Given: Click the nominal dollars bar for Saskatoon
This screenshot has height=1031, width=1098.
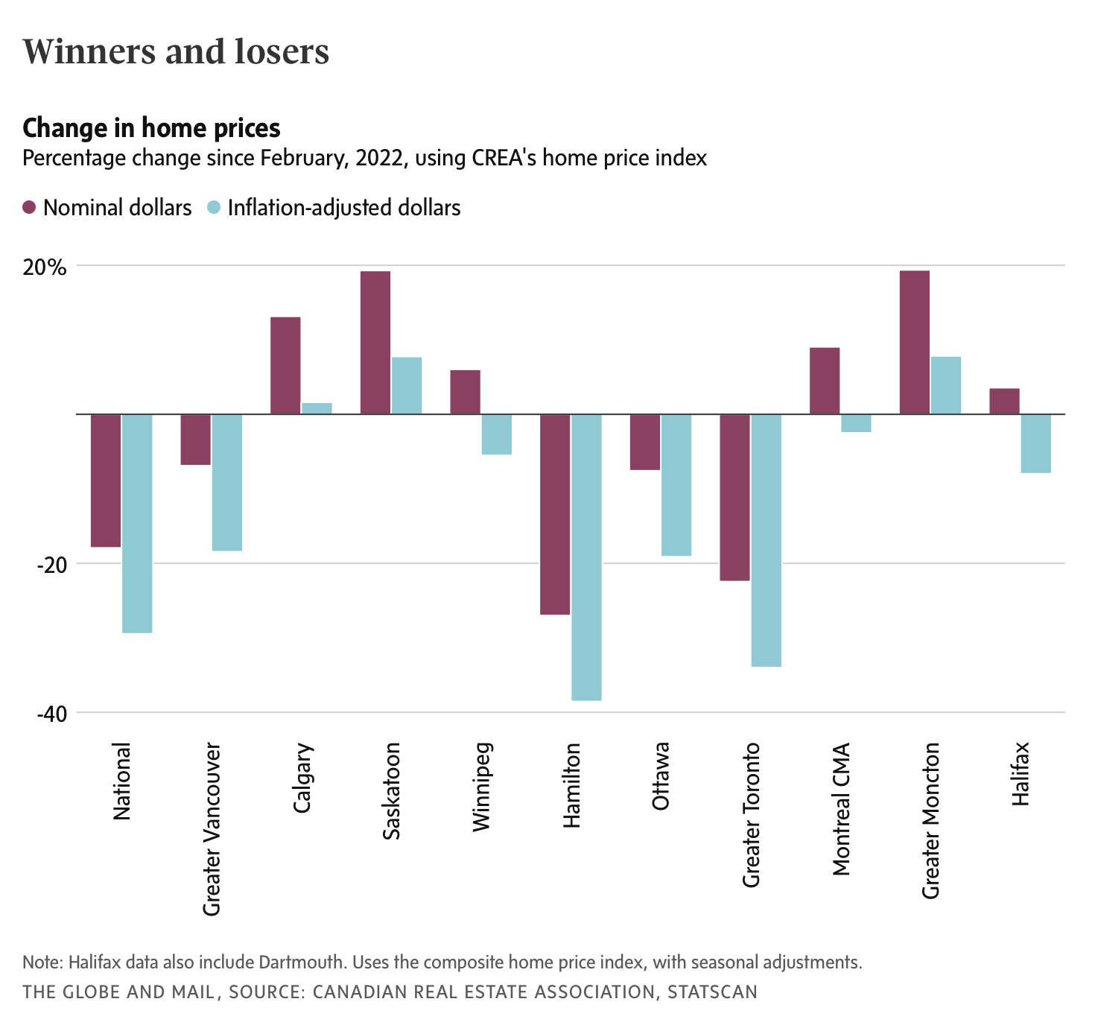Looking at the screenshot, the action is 375,343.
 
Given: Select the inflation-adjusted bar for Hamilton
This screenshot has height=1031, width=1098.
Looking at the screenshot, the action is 586,557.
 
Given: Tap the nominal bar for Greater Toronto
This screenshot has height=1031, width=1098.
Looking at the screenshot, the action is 734,497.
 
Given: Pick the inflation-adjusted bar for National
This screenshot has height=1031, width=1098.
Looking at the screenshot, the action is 137,523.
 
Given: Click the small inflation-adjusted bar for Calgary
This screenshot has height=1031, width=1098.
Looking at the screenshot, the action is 317,408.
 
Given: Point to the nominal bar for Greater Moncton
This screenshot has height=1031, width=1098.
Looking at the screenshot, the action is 915,342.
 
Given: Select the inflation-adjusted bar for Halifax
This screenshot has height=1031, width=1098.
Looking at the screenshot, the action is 1035,443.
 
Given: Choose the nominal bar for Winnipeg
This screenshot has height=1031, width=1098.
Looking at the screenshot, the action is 465,392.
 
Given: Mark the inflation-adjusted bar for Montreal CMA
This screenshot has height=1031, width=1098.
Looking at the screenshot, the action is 856,423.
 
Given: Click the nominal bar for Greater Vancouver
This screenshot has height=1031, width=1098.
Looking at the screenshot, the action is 196,440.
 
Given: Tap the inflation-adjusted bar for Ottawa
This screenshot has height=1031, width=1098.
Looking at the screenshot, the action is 676,485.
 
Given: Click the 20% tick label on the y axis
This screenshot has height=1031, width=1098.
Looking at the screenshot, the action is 44,267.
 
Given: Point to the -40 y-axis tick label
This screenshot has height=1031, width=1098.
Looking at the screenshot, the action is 52,714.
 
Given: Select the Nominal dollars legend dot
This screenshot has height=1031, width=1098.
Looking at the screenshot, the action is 29,207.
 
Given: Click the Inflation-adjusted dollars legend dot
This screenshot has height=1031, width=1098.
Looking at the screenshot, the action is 213,207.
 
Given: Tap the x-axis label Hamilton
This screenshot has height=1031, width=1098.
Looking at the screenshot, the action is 571,785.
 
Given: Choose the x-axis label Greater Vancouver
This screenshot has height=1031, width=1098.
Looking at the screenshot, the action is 212,829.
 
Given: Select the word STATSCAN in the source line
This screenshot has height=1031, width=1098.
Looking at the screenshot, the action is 712,992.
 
